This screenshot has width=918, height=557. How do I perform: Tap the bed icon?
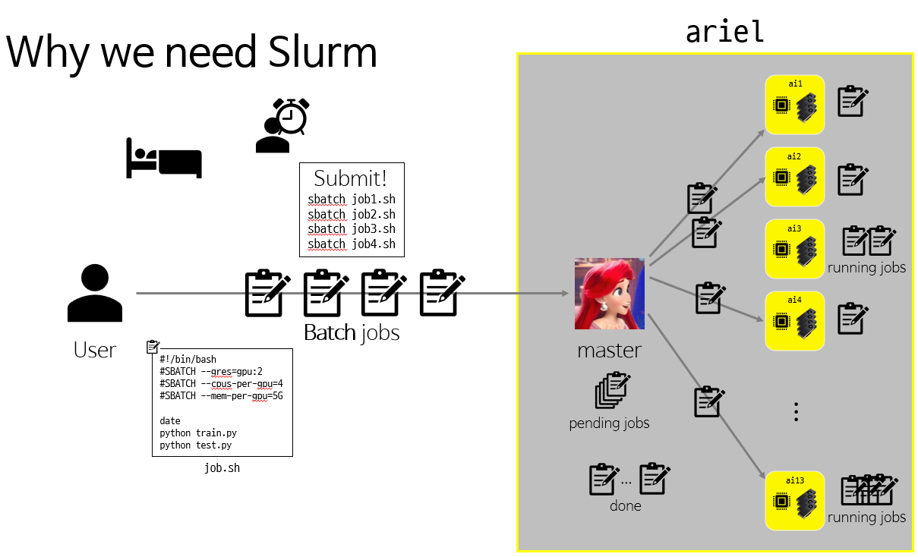pyautogui.click(x=163, y=158)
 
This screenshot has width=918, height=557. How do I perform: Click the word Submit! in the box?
pyautogui.click(x=351, y=179)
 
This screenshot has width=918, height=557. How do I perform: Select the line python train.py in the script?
pyautogui.click(x=198, y=433)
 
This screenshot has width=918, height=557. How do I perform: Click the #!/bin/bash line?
pyautogui.click(x=188, y=360)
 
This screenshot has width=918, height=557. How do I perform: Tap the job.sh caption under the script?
pyautogui.click(x=222, y=468)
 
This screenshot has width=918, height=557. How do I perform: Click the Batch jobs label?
pyautogui.click(x=352, y=333)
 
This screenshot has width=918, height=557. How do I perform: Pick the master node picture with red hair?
pyautogui.click(x=610, y=294)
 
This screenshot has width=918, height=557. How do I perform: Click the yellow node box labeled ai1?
pyautogui.click(x=794, y=105)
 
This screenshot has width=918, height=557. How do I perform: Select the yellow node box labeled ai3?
pyautogui.click(x=794, y=248)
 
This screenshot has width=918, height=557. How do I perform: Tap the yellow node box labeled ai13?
pyautogui.click(x=794, y=501)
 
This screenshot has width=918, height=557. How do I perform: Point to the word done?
pyautogui.click(x=625, y=506)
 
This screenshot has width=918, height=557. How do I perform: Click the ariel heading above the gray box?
pyautogui.click(x=724, y=31)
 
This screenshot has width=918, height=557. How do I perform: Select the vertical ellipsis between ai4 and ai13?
pyautogui.click(x=796, y=412)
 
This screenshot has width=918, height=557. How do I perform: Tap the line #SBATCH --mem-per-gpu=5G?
pyautogui.click(x=221, y=396)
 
